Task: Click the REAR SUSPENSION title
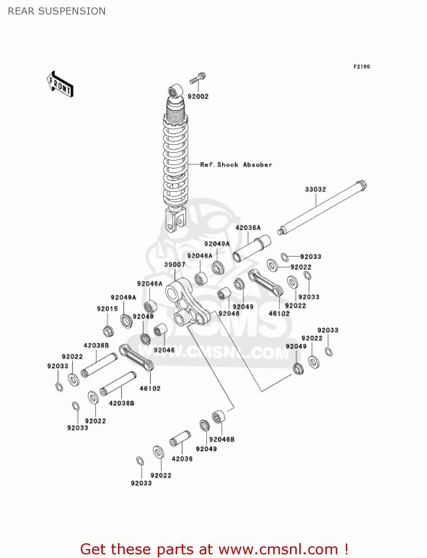57,11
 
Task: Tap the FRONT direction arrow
60,84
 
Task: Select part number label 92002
198,96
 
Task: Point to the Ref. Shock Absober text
236,164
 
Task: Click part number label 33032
315,189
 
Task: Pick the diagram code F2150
361,67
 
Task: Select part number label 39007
175,264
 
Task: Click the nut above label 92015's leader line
108,330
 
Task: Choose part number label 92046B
222,439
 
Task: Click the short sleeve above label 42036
180,438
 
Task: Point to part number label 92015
107,309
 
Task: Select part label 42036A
248,228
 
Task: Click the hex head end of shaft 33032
361,185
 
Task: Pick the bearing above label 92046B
219,417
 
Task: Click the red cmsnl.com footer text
214,549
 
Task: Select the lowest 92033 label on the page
141,483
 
